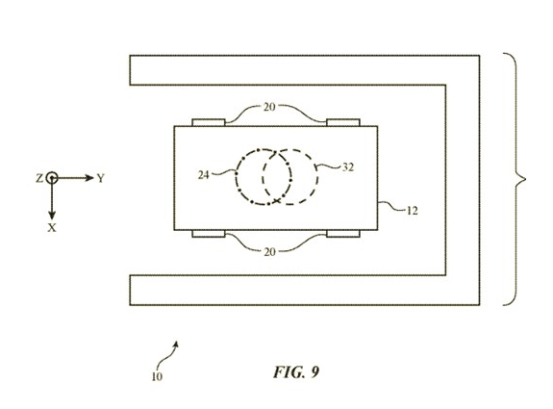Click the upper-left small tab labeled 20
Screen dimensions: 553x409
click(209, 122)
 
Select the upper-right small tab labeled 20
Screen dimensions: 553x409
click(343, 122)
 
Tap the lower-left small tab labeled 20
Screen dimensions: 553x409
click(209, 234)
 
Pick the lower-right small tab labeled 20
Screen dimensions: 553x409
click(343, 234)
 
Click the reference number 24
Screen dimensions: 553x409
click(204, 175)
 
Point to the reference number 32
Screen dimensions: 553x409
click(348, 167)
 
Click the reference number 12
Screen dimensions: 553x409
click(412, 211)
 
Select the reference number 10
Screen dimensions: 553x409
click(157, 377)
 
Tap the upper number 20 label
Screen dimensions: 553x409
click(269, 107)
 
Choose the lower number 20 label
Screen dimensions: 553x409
click(269, 252)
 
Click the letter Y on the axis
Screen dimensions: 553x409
click(101, 179)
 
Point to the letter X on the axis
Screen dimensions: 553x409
click(52, 228)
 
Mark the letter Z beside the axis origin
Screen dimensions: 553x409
click(39, 179)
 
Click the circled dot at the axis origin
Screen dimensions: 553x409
click(52, 178)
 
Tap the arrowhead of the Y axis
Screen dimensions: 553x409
click(89, 178)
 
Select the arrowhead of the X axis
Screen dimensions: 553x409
click(52, 215)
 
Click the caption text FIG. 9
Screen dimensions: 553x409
click(296, 371)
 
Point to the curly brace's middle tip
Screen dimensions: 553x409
click(525, 179)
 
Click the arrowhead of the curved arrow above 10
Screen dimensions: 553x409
click(176, 344)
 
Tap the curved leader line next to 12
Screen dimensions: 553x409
click(391, 207)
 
